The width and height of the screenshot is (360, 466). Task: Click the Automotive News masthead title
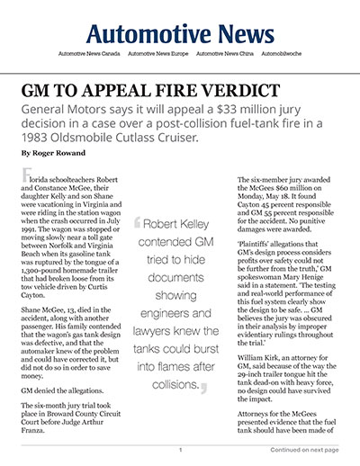click(x=180, y=34)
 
